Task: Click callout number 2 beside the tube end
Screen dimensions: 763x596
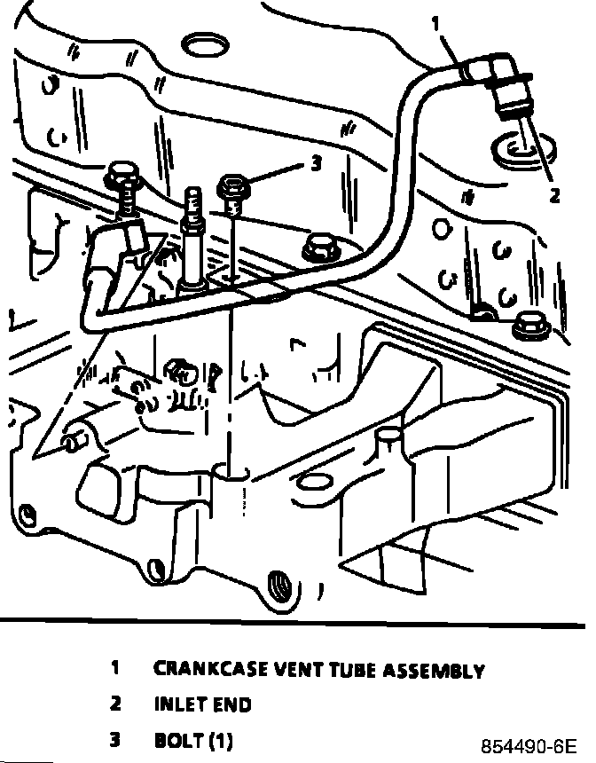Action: pos(554,196)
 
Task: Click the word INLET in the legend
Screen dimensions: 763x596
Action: pos(183,704)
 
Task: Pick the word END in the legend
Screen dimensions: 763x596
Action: pos(234,704)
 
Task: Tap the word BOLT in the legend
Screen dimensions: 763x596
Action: pos(178,739)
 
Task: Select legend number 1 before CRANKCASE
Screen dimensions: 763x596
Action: pos(115,668)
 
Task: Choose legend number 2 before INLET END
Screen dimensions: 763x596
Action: pos(115,704)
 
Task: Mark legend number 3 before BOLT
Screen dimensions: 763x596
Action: pos(115,739)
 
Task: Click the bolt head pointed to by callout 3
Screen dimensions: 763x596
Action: pos(231,186)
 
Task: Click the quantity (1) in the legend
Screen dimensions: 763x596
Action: pos(220,739)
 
